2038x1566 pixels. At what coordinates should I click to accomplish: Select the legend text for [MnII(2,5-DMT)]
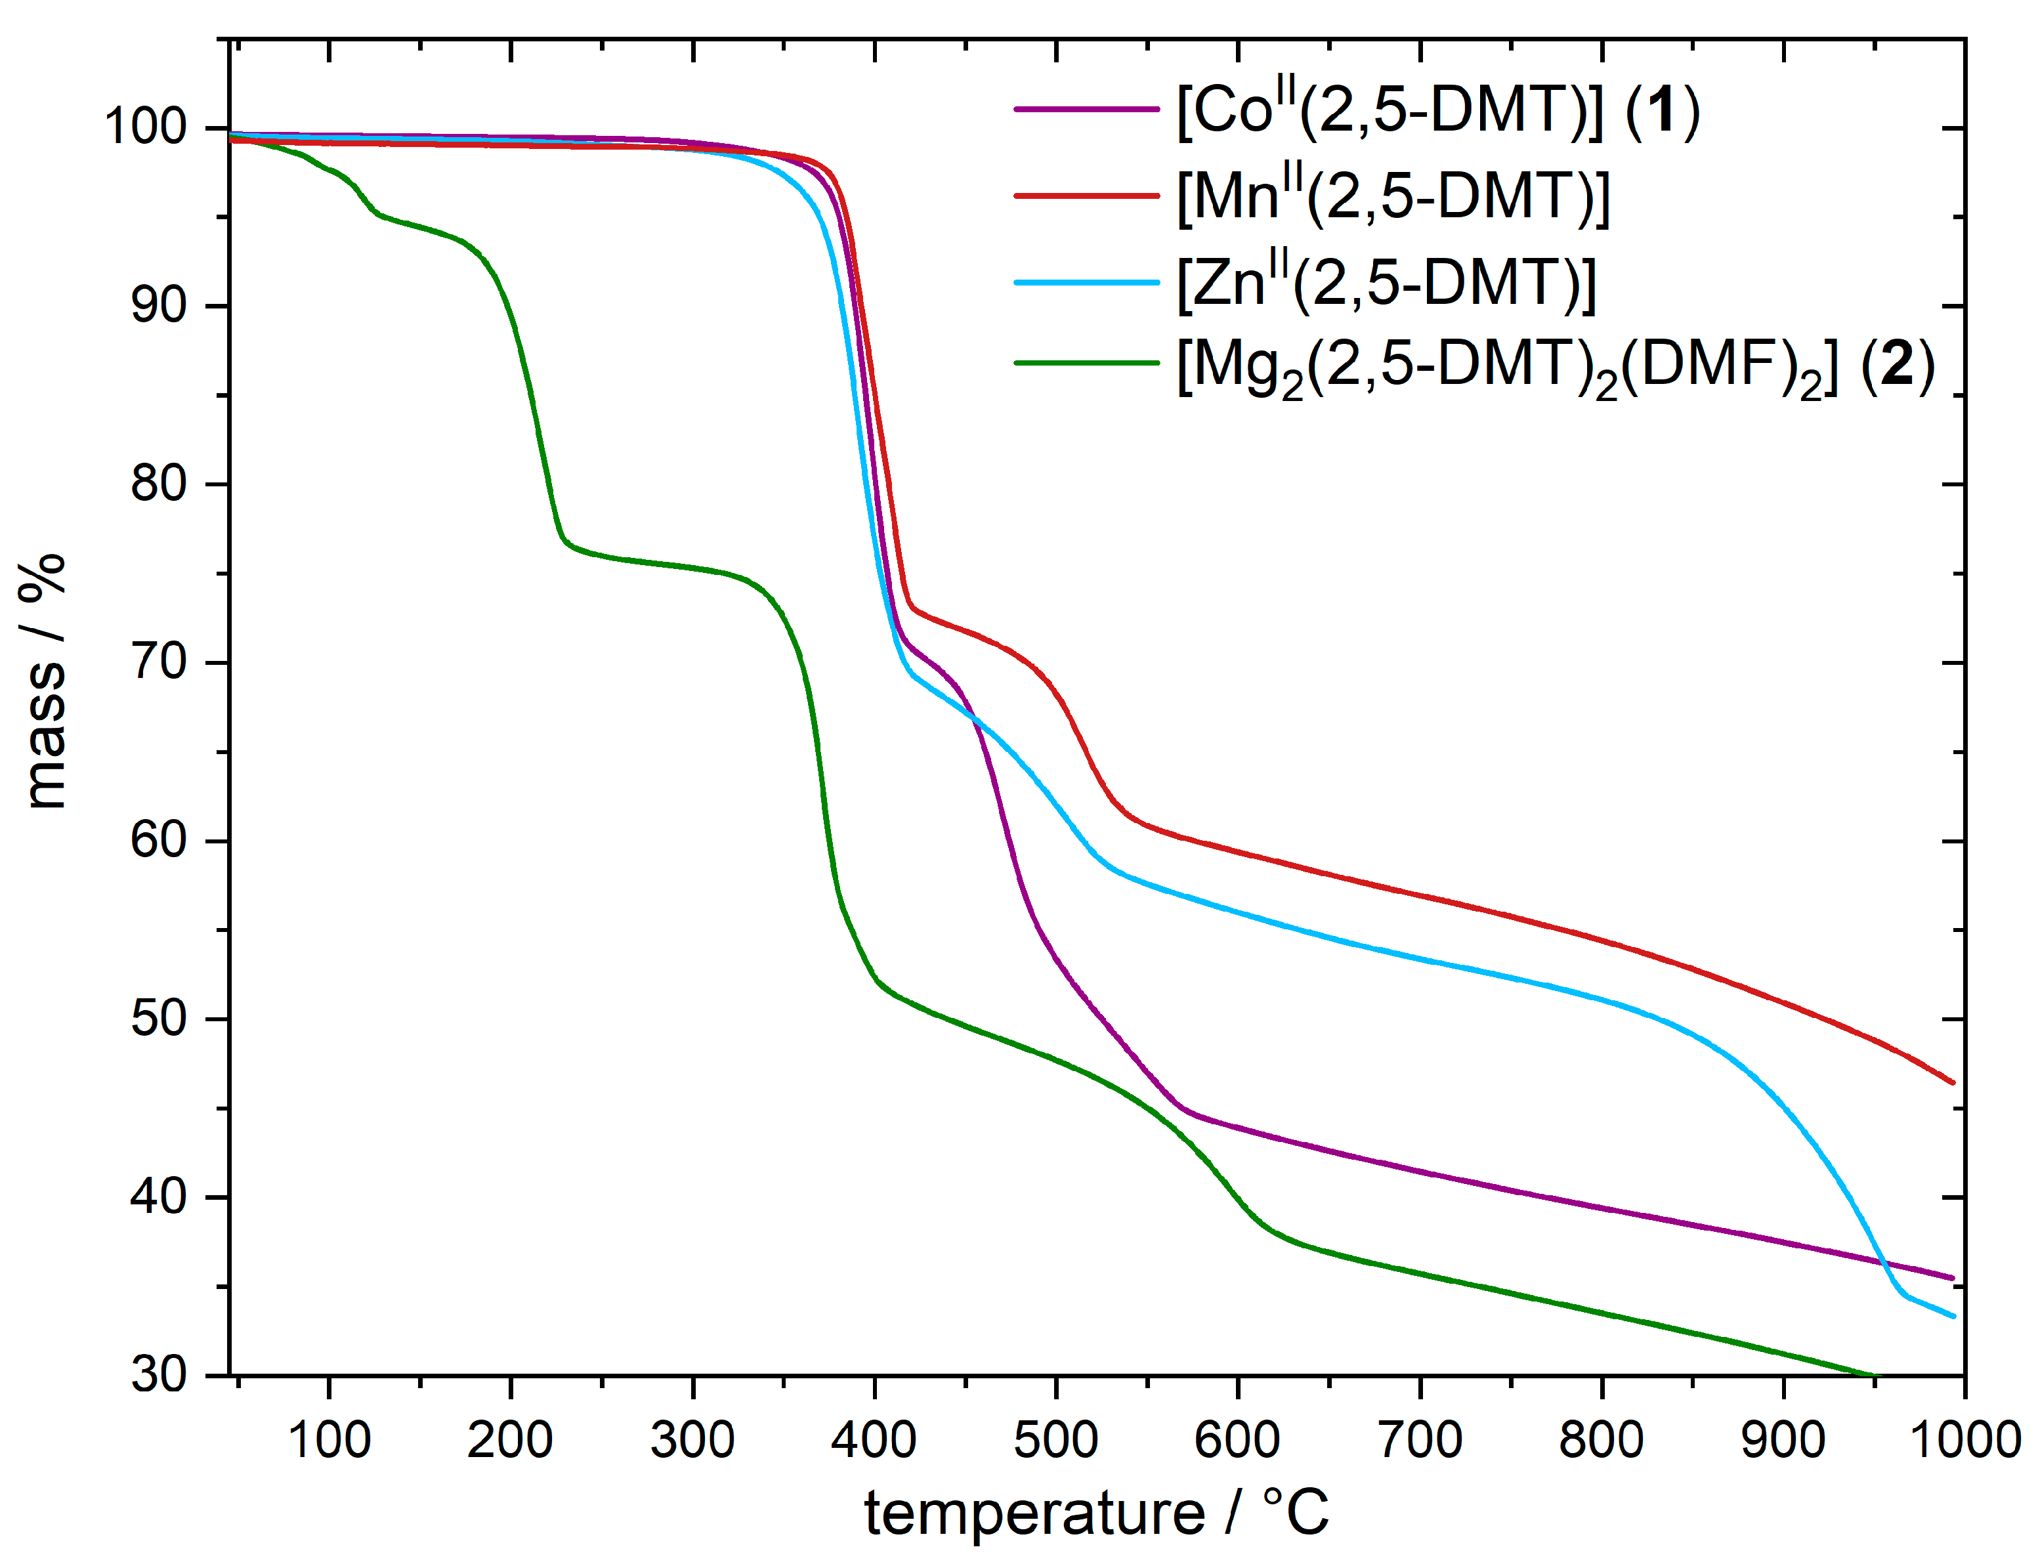[x=1393, y=197]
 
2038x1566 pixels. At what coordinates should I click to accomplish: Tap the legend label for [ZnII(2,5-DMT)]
[x=1386, y=282]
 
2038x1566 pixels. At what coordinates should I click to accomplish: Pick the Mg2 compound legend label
[x=1554, y=366]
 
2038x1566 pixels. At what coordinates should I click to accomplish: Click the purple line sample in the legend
[x=1086, y=110]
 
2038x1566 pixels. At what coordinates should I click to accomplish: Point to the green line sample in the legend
[x=1086, y=362]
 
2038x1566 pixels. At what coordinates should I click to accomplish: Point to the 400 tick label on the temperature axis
[x=874, y=1440]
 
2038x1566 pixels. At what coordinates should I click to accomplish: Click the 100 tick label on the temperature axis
[x=329, y=1440]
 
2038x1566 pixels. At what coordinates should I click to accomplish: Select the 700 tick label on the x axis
[x=1420, y=1440]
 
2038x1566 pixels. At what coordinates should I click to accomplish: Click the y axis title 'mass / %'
[x=44, y=681]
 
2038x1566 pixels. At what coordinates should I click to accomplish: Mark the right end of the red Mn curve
[x=1952, y=1082]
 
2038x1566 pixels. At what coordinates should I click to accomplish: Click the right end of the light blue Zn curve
[x=1952, y=1316]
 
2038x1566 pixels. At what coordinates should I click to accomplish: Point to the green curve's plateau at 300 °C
[x=692, y=568]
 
